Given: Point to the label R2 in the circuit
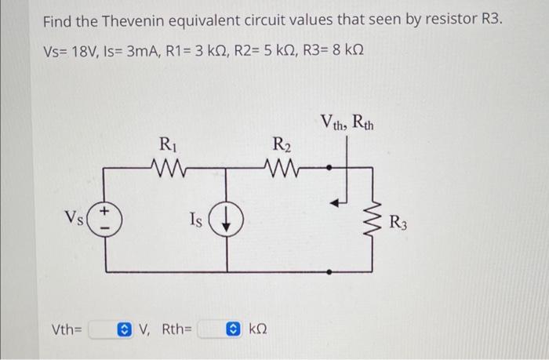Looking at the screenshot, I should [x=280, y=144].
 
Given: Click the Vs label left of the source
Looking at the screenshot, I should [x=76, y=217].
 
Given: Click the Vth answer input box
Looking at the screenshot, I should [x=104, y=329].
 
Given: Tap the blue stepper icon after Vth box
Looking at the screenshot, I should [x=125, y=329].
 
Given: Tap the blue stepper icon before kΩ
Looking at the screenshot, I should [x=234, y=329].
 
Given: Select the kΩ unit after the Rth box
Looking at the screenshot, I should [x=258, y=329].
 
